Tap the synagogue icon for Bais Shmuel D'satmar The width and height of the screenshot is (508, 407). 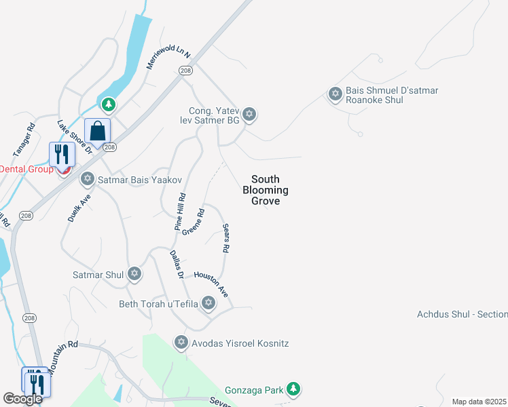tap(335, 94)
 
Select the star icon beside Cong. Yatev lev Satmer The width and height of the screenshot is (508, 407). tap(249, 114)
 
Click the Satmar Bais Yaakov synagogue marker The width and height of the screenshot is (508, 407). tap(87, 180)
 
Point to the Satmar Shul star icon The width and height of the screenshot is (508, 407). tap(134, 274)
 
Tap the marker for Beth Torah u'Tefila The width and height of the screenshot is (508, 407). tap(208, 303)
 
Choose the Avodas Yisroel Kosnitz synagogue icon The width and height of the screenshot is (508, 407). tap(181, 342)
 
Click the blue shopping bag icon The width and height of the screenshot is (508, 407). tap(98, 131)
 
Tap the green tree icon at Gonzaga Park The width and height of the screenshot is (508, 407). tap(293, 389)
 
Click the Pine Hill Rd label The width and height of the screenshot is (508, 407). tap(180, 213)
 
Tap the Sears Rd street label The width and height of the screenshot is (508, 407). tap(225, 239)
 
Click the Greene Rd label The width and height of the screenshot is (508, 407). tap(193, 222)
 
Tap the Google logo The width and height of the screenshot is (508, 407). tap(22, 399)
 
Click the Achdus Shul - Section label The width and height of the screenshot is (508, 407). tap(462, 314)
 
